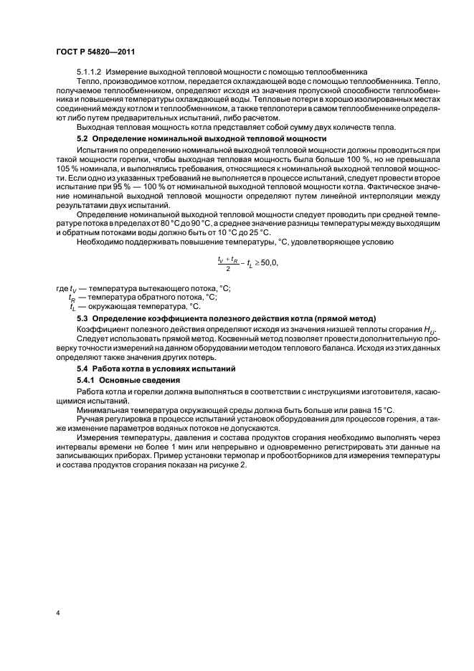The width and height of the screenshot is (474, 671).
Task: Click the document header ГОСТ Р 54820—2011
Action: pos(95,52)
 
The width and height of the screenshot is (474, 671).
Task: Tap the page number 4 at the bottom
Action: pos(57,613)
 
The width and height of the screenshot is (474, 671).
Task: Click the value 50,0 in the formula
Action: pos(267,262)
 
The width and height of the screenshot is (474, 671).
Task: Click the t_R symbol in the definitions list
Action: pos(72,298)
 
